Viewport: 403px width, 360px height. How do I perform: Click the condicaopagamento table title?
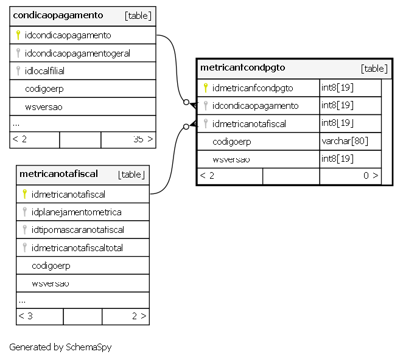click(x=58, y=15)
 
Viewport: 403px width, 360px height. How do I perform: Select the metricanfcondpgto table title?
click(x=243, y=67)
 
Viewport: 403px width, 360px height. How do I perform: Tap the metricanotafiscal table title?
click(x=58, y=174)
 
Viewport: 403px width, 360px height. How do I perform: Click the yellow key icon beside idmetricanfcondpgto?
click(x=205, y=88)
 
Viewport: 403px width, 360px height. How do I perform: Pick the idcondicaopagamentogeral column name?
click(x=77, y=54)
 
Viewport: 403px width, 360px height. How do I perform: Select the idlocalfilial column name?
click(x=44, y=71)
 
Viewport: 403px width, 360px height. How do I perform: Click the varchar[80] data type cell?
click(x=345, y=141)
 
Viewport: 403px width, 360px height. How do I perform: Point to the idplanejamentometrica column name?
click(x=76, y=212)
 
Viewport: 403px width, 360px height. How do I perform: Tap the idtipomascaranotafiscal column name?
click(x=78, y=230)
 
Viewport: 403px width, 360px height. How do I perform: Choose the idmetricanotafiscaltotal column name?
click(x=77, y=247)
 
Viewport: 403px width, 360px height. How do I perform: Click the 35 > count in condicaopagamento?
click(x=143, y=139)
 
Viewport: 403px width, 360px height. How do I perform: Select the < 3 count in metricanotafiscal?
click(x=26, y=316)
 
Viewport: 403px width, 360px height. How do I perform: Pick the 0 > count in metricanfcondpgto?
click(x=371, y=175)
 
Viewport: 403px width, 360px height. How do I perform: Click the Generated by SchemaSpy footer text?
click(x=60, y=347)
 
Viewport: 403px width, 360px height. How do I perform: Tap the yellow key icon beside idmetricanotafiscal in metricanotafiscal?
click(x=25, y=194)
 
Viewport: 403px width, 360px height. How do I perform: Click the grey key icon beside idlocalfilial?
click(x=18, y=71)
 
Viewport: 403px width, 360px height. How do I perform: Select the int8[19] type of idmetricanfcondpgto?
click(x=337, y=88)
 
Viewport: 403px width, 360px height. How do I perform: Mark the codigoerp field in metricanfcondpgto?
click(x=231, y=142)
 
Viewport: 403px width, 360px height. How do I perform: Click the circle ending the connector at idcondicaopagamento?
click(x=186, y=102)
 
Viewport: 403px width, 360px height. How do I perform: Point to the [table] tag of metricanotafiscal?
click(x=131, y=175)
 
